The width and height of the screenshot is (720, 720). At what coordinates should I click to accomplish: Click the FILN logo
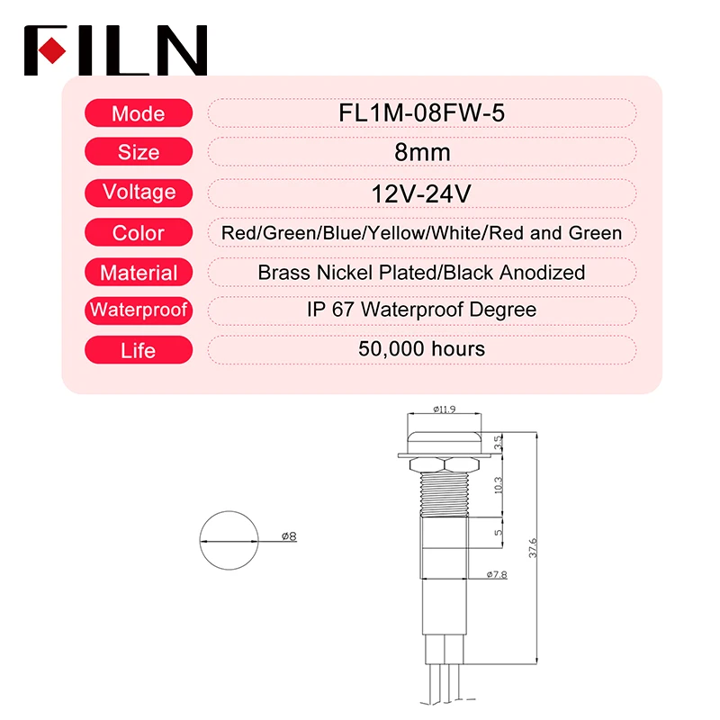tap(115, 50)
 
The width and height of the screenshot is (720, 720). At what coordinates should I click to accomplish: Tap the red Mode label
tap(139, 113)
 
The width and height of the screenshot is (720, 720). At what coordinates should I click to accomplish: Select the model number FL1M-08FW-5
tap(421, 113)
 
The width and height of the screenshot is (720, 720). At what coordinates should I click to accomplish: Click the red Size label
tap(139, 152)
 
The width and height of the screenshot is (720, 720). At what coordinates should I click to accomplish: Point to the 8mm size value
tap(421, 152)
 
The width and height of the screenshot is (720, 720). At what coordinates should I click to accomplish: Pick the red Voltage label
tap(139, 192)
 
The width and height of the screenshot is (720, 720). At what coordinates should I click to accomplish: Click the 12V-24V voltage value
tap(421, 193)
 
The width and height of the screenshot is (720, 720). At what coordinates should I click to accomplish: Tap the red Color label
tap(139, 233)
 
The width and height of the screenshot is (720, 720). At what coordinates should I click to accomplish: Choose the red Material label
tap(139, 272)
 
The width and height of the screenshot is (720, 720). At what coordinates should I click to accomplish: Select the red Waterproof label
tap(139, 310)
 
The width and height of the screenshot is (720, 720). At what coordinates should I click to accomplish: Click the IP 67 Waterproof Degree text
tap(421, 310)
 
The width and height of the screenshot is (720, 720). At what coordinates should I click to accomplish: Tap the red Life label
tap(139, 349)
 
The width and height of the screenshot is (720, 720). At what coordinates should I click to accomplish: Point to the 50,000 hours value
tap(421, 348)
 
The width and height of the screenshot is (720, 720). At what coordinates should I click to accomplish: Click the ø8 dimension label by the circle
tap(289, 537)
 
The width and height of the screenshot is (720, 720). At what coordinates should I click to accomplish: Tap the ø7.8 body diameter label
tap(496, 574)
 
